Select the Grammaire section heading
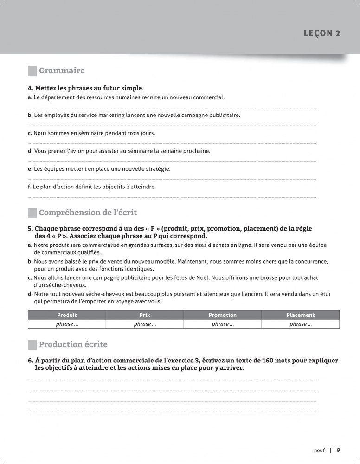click(x=62, y=71)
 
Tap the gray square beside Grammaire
click(x=32, y=71)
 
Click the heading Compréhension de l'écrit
click(x=88, y=213)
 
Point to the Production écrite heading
click(x=73, y=344)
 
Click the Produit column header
click(x=67, y=315)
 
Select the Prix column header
click(x=145, y=315)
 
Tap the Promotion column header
click(x=223, y=315)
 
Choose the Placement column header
click(x=301, y=315)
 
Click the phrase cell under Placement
click(x=301, y=324)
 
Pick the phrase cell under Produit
click(x=67, y=324)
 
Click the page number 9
click(x=339, y=450)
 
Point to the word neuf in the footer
click(x=320, y=450)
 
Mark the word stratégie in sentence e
click(x=157, y=169)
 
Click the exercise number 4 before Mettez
click(x=30, y=88)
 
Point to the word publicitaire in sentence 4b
click(x=225, y=115)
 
